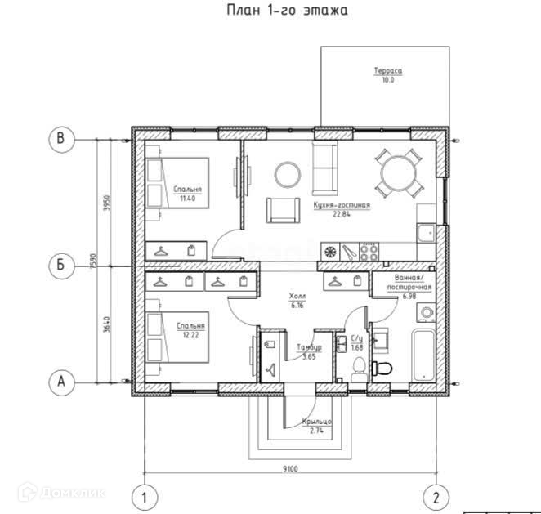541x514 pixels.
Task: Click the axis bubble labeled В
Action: (x=61, y=140)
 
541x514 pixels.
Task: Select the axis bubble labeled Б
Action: (x=61, y=266)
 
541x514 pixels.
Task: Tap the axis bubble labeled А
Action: (x=61, y=382)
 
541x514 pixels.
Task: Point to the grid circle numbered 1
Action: (x=145, y=498)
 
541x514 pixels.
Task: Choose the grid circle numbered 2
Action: (x=436, y=498)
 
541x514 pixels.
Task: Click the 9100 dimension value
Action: (x=290, y=468)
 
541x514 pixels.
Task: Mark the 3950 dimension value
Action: (x=106, y=203)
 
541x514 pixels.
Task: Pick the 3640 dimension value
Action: (x=106, y=324)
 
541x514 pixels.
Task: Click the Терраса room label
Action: (x=388, y=71)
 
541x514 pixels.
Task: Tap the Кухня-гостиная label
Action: (x=342, y=205)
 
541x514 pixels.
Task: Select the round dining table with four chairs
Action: (x=399, y=173)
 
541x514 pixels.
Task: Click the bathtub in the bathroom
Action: (x=423, y=355)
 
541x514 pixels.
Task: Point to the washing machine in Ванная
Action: (x=427, y=312)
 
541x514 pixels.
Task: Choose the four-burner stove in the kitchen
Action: (x=369, y=252)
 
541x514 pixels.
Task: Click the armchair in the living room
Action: (x=283, y=210)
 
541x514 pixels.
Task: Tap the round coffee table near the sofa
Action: (x=288, y=175)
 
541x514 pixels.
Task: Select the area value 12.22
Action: (x=190, y=335)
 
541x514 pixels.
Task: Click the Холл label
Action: (x=297, y=296)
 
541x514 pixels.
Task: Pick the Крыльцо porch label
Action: (x=317, y=422)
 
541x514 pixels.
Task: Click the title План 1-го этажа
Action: (x=287, y=11)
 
